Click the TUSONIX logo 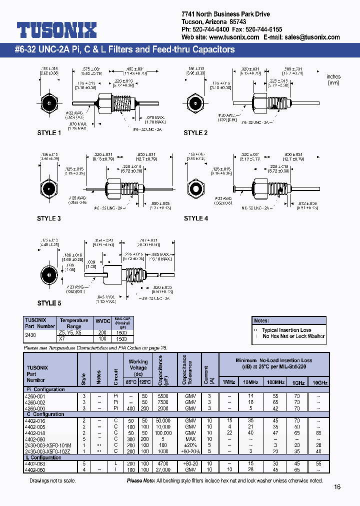click(56, 30)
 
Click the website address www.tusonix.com click(233, 37)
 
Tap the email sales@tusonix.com click(314, 37)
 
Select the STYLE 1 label click(49, 133)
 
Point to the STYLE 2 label click(195, 133)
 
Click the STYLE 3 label click(49, 218)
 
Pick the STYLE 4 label click(195, 218)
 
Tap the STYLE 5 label click(49, 303)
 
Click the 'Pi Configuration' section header click(46, 389)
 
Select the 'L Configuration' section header click(45, 457)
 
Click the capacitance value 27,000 click(160, 470)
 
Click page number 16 click(337, 486)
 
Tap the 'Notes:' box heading click(262, 320)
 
